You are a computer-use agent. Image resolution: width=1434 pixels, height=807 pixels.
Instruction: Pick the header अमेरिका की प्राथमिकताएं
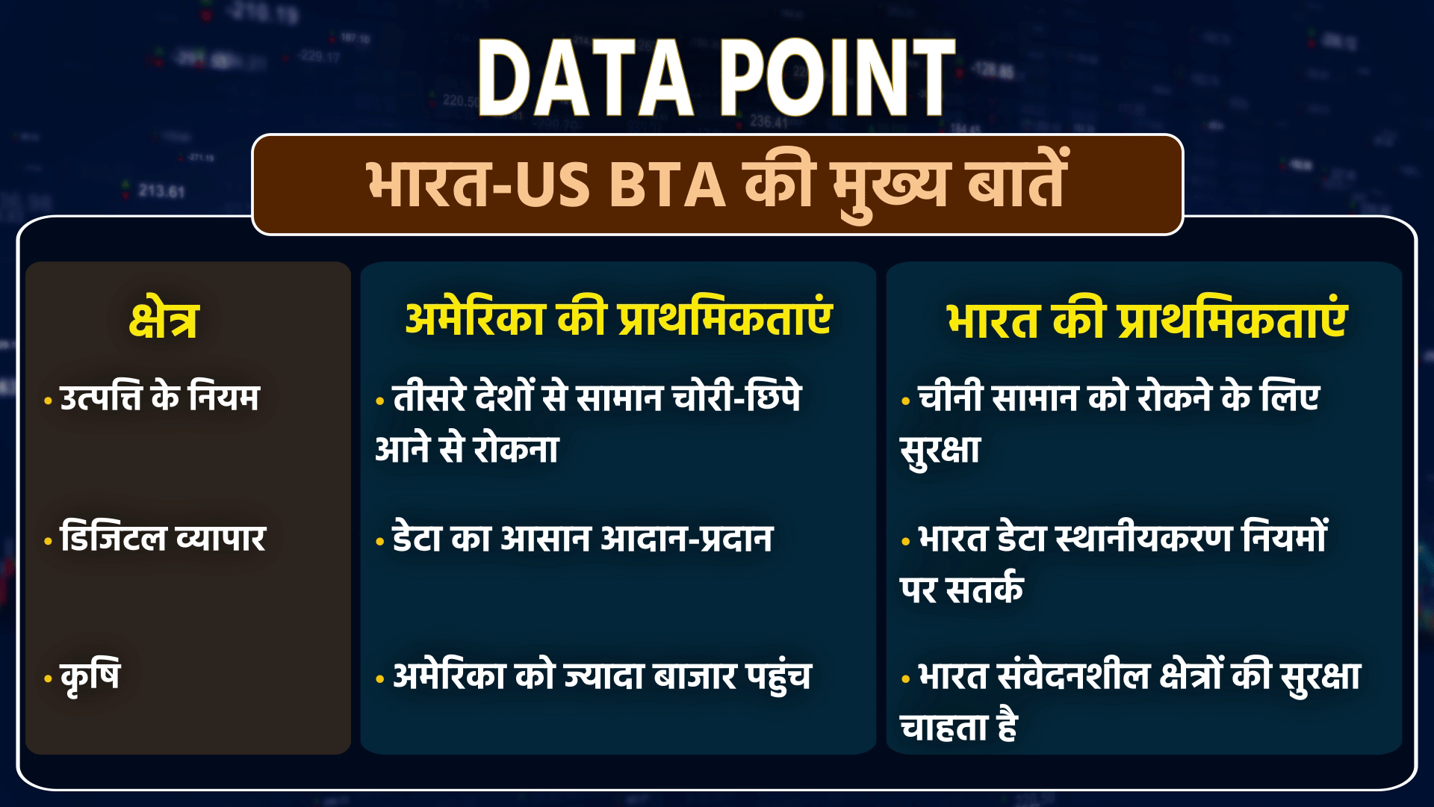618,319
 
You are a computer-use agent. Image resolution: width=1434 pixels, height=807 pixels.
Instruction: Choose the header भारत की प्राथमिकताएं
1147,319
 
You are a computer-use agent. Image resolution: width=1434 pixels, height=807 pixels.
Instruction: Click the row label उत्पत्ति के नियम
159,396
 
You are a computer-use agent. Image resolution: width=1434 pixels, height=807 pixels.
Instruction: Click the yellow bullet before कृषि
49,679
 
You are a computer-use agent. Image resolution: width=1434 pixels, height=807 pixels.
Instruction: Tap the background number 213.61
161,192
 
